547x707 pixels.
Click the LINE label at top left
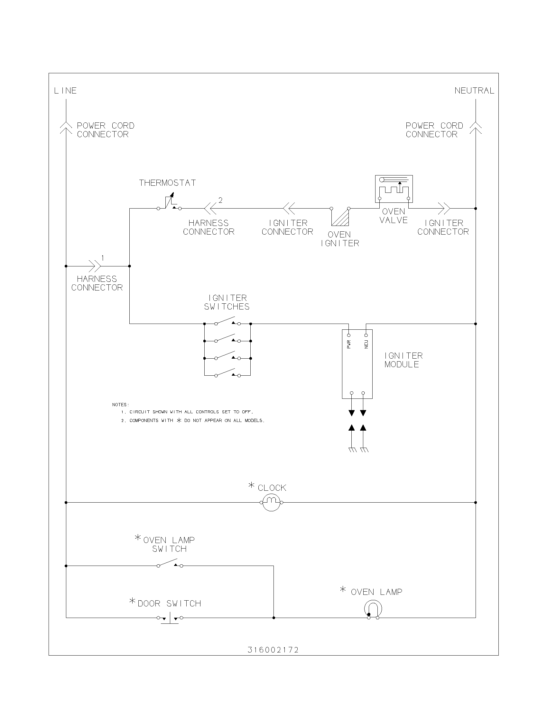coord(65,91)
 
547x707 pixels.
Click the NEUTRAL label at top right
coord(474,91)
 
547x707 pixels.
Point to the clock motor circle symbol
coord(271,502)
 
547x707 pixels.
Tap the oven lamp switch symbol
coord(170,564)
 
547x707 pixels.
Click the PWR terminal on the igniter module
coord(349,336)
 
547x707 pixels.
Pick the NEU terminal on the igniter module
coord(366,336)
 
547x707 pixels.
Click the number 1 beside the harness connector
coord(103,258)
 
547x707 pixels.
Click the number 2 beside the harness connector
coord(220,201)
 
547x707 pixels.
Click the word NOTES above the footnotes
coord(120,405)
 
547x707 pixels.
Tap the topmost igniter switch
coord(227,321)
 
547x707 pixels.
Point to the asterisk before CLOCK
coord(252,485)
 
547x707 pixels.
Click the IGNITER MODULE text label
coord(403,360)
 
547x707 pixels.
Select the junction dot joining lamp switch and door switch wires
coord(274,618)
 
